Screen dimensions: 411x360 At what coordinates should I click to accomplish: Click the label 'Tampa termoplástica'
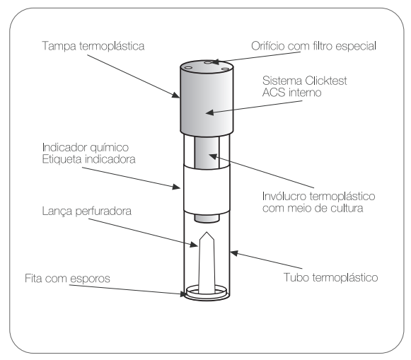[93, 46]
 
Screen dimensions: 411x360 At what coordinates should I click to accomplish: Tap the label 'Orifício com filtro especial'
[313, 46]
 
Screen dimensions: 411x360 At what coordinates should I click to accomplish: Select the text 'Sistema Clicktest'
[305, 81]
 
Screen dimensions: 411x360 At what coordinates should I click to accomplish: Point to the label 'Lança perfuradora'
[87, 211]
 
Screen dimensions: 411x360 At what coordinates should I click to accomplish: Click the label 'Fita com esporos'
[67, 278]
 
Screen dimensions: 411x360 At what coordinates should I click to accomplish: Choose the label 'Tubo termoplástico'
[331, 277]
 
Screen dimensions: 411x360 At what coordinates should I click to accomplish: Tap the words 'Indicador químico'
[86, 148]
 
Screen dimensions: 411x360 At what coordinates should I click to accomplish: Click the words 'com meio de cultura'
[313, 209]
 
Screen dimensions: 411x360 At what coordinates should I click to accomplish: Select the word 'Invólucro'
[284, 196]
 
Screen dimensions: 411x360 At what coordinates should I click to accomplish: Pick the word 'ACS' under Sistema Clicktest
[273, 93]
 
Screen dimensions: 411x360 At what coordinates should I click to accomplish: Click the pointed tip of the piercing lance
[207, 233]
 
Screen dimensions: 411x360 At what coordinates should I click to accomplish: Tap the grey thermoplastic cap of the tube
[207, 98]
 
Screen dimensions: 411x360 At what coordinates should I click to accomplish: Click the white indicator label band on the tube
[207, 190]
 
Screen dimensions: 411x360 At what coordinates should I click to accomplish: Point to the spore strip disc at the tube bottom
[207, 291]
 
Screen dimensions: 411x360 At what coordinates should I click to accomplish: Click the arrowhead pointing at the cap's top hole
[214, 62]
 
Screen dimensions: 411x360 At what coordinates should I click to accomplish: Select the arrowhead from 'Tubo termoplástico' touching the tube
[234, 253]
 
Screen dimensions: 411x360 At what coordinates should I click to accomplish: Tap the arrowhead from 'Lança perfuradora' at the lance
[194, 245]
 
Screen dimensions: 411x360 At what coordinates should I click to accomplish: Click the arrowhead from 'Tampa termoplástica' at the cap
[175, 95]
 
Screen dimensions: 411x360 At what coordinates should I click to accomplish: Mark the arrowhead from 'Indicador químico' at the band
[176, 187]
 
